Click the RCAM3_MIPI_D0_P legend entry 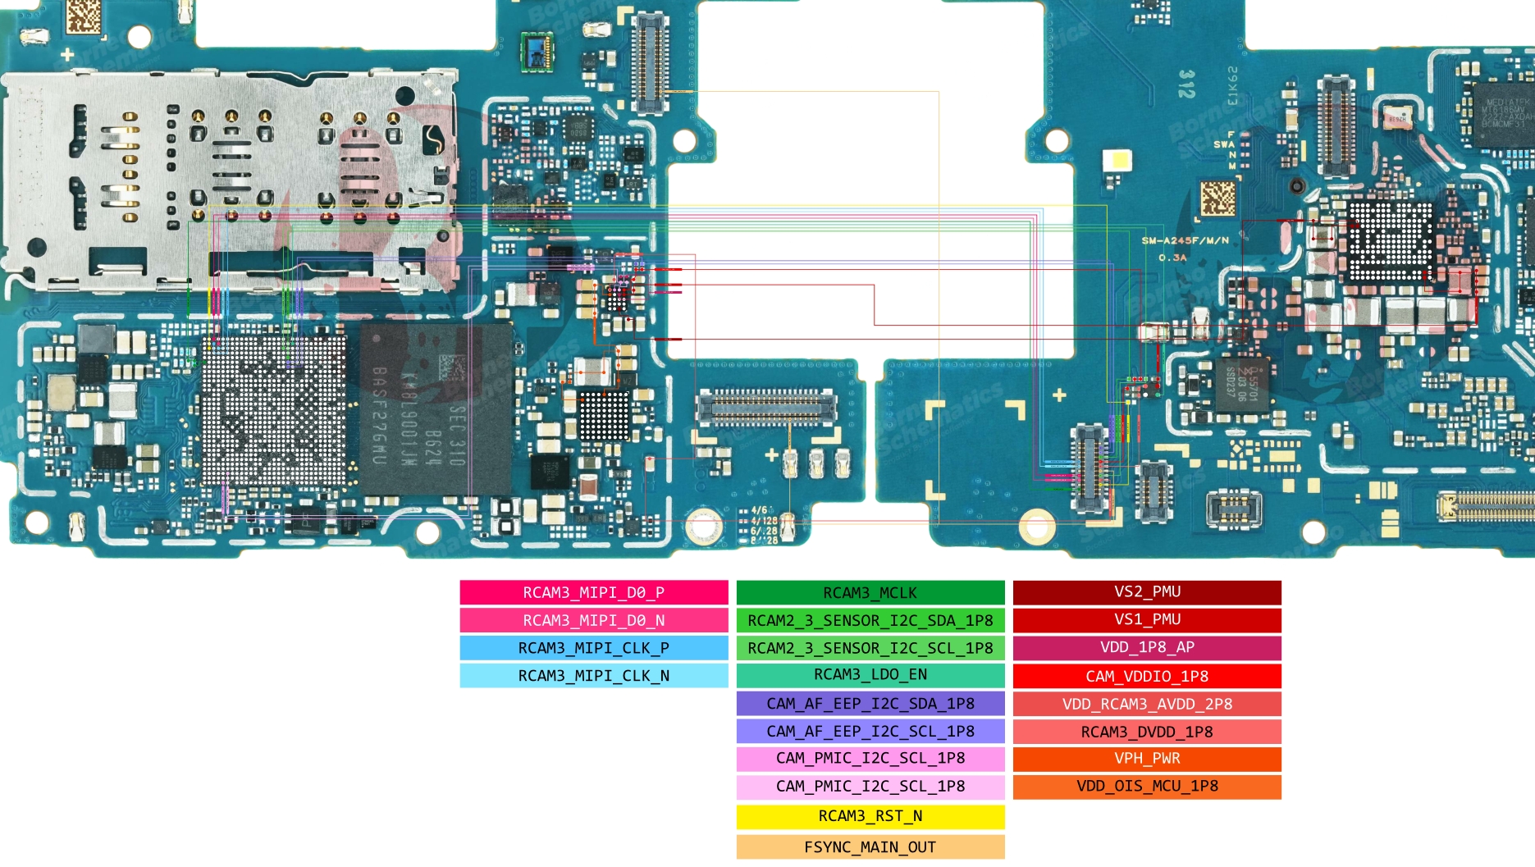click(593, 592)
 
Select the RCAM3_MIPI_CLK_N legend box click(593, 675)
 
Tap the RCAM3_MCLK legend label click(870, 592)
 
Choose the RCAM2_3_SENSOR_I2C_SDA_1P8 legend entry click(870, 620)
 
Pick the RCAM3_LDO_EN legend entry click(870, 674)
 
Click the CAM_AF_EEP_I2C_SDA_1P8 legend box click(870, 703)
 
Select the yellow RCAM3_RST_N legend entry click(870, 816)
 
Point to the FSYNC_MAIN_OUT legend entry click(870, 846)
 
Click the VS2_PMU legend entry click(1147, 591)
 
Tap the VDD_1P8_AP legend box click(1147, 647)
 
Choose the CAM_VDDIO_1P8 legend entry click(1147, 676)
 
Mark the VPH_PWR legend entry click(1147, 758)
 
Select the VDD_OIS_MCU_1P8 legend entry click(1147, 786)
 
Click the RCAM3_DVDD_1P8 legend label click(1147, 731)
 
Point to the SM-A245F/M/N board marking click(1185, 240)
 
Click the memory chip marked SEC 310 click(435, 410)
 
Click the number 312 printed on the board click(1186, 84)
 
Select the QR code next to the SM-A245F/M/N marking click(1217, 198)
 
